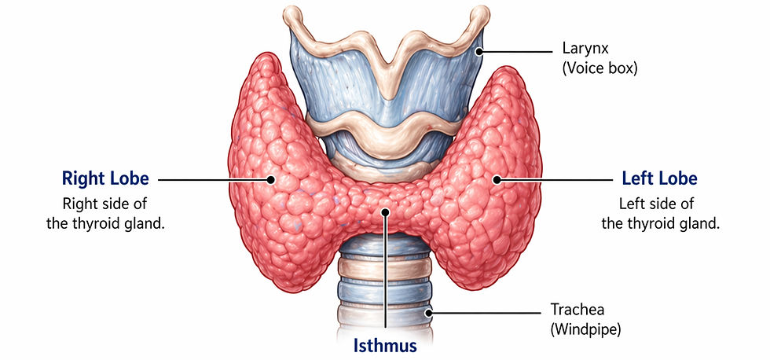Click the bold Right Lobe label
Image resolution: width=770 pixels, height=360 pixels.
[x=104, y=178]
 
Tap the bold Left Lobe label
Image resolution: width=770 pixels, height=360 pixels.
[x=659, y=178]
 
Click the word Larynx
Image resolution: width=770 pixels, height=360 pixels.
[x=582, y=49]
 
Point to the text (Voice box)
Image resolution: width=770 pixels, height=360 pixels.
[x=599, y=68]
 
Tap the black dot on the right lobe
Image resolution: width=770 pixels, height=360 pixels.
[x=270, y=179]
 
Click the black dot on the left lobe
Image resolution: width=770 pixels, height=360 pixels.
[x=497, y=179]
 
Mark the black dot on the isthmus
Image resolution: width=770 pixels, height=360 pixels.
[x=385, y=211]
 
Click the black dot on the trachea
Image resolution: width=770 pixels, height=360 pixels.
[x=429, y=313]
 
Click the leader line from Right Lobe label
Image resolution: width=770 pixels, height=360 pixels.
[x=212, y=179]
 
